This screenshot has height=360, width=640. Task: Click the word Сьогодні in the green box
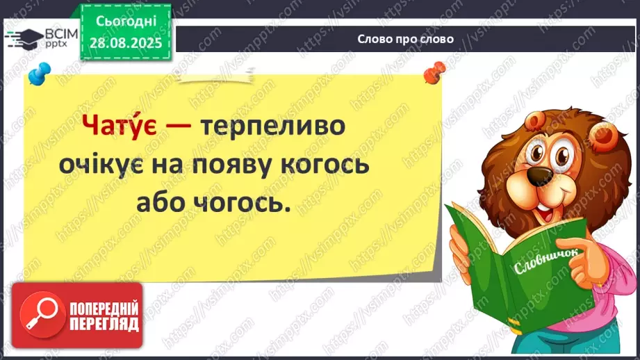pos(126,22)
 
